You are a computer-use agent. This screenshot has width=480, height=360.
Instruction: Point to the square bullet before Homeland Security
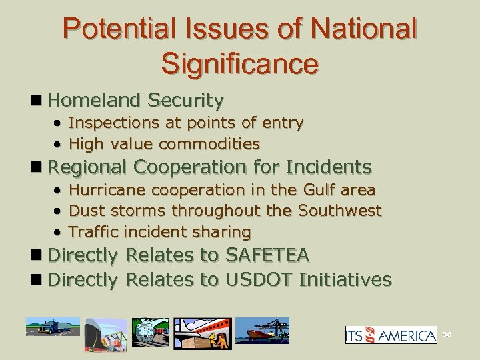(x=39, y=101)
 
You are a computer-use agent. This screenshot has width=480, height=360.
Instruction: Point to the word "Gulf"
(x=319, y=189)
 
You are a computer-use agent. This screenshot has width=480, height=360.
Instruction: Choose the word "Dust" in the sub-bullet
(x=84, y=211)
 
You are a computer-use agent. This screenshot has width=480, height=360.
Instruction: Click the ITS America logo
(x=391, y=335)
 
